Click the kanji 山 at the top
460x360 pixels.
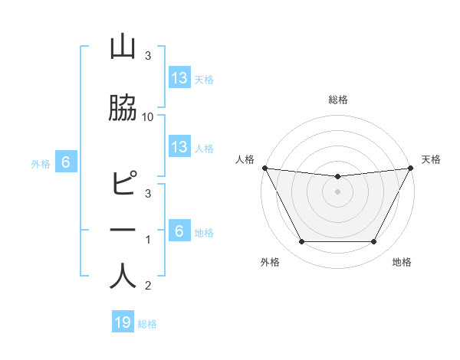click(123, 47)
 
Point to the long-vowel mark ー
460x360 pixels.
click(123, 230)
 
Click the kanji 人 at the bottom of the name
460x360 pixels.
click(123, 276)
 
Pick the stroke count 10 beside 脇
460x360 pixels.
click(148, 116)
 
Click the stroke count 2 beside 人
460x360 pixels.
click(148, 286)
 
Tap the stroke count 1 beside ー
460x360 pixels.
click(148, 240)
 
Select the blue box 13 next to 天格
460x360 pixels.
click(179, 78)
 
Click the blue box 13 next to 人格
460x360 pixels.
click(179, 147)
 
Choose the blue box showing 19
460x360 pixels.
click(123, 322)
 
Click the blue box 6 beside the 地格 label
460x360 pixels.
click(179, 231)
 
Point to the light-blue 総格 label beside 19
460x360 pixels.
click(147, 324)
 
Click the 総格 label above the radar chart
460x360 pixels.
click(337, 100)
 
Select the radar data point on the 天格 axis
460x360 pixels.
click(410, 168)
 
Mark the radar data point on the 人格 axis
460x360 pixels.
click(264, 168)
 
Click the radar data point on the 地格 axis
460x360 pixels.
click(374, 242)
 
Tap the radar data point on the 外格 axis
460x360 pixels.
click(301, 242)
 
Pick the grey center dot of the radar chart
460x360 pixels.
click(337, 191)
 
